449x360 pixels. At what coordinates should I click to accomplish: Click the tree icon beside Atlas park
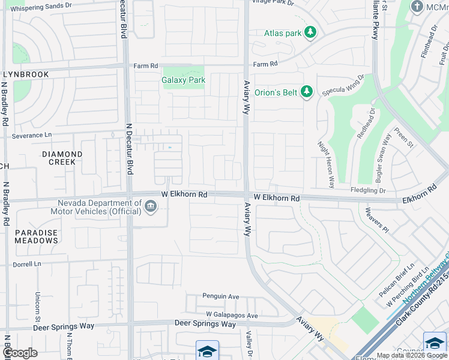[310, 32]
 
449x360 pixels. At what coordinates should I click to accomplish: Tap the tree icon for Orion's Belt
[307, 92]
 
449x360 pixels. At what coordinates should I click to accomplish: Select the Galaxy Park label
[183, 80]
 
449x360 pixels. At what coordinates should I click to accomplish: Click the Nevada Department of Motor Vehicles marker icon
[151, 207]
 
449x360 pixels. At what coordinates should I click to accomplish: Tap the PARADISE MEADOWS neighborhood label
[36, 236]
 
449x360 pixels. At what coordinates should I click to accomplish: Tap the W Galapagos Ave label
[232, 315]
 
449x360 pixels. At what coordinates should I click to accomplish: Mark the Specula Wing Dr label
[343, 86]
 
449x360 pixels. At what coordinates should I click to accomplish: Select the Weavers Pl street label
[377, 220]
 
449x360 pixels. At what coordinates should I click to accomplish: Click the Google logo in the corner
[20, 353]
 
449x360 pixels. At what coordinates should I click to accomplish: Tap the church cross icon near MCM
[417, 6]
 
